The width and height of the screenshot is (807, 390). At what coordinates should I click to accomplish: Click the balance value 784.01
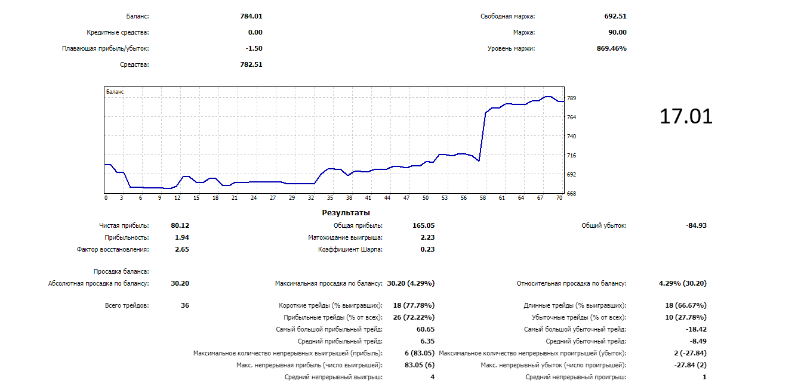point(251,17)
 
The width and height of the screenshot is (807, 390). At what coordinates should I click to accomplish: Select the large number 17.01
point(686,116)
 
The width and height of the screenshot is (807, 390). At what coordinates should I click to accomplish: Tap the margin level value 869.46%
point(612,49)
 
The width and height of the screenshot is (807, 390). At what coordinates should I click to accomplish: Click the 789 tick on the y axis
point(571,98)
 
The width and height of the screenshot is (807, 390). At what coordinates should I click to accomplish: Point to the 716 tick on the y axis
point(571,156)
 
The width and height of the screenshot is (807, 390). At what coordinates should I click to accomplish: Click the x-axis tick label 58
point(482,198)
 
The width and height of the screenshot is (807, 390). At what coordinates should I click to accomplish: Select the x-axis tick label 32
point(311,198)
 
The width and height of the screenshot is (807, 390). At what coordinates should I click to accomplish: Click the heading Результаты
point(346,213)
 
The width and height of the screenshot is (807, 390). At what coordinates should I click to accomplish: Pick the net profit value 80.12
point(180,226)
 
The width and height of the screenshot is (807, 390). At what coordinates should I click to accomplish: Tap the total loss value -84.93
point(696,226)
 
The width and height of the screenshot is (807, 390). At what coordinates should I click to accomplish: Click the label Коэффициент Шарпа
point(350,250)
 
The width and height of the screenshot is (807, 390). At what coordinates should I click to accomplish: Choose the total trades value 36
point(184,305)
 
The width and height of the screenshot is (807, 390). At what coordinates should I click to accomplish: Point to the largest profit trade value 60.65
point(425,329)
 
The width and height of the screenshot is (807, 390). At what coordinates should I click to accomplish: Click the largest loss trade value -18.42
point(696,329)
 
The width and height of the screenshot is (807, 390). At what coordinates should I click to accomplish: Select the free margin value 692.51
point(615,17)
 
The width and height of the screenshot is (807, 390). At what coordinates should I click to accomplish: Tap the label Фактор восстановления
point(113,250)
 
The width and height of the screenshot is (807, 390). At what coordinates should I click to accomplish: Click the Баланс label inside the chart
point(115,92)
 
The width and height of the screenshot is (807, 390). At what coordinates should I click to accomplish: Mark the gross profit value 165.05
point(423,226)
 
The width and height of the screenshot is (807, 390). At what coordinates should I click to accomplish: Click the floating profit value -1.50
point(254,49)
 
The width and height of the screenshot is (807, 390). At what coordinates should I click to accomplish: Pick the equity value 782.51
point(251,64)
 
